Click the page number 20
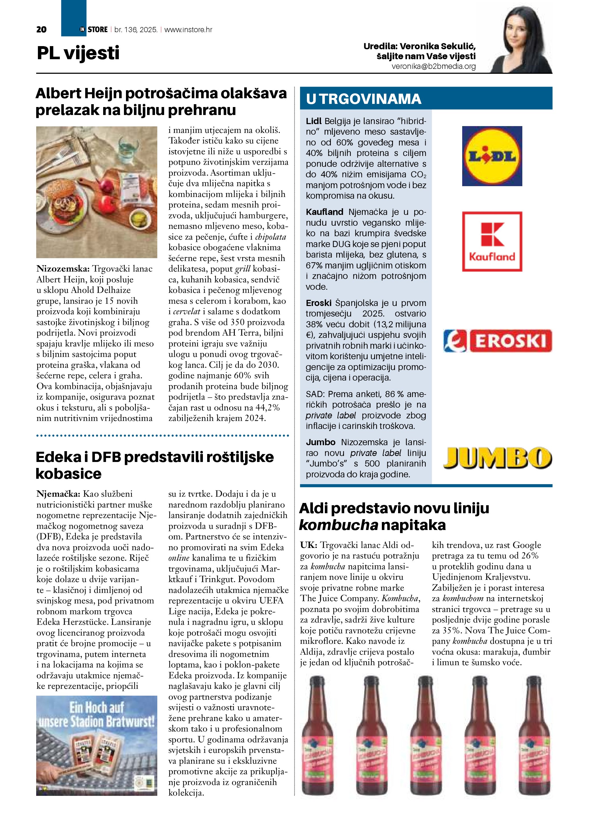coord(41,30)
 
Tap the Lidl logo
coord(492,156)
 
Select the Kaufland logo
coord(492,241)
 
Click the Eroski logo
coord(497,341)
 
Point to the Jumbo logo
coord(497,457)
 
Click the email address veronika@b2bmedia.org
coord(433,66)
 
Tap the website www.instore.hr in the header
coord(188,30)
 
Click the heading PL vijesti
coord(78,53)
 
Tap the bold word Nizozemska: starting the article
coord(63,268)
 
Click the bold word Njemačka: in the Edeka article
coord(58,494)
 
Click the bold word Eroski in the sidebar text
coord(319,303)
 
